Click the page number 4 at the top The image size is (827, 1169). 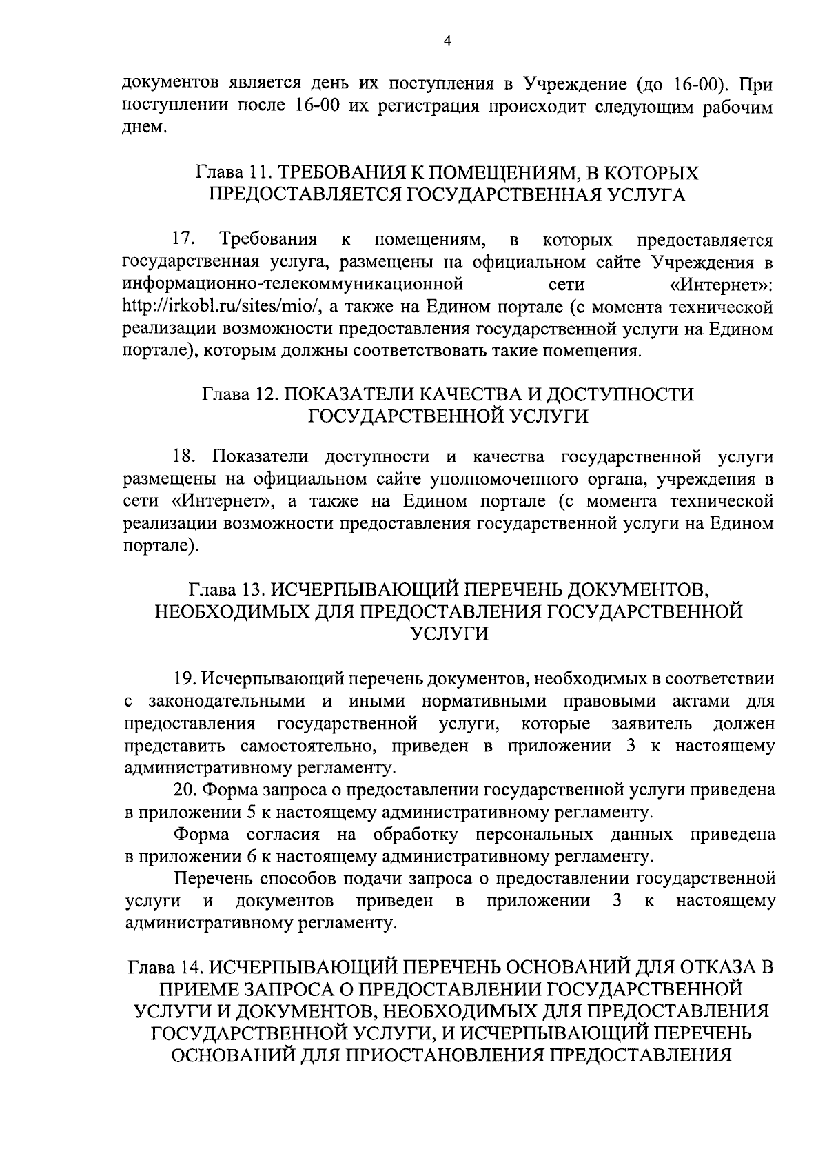coord(447,43)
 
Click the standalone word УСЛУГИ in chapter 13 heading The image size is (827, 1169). coord(449,633)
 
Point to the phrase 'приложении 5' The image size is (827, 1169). coord(196,812)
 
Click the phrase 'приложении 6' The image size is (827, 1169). coord(196,856)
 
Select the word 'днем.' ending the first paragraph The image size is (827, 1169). coord(144,129)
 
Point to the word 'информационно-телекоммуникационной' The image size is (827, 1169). coord(292,284)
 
